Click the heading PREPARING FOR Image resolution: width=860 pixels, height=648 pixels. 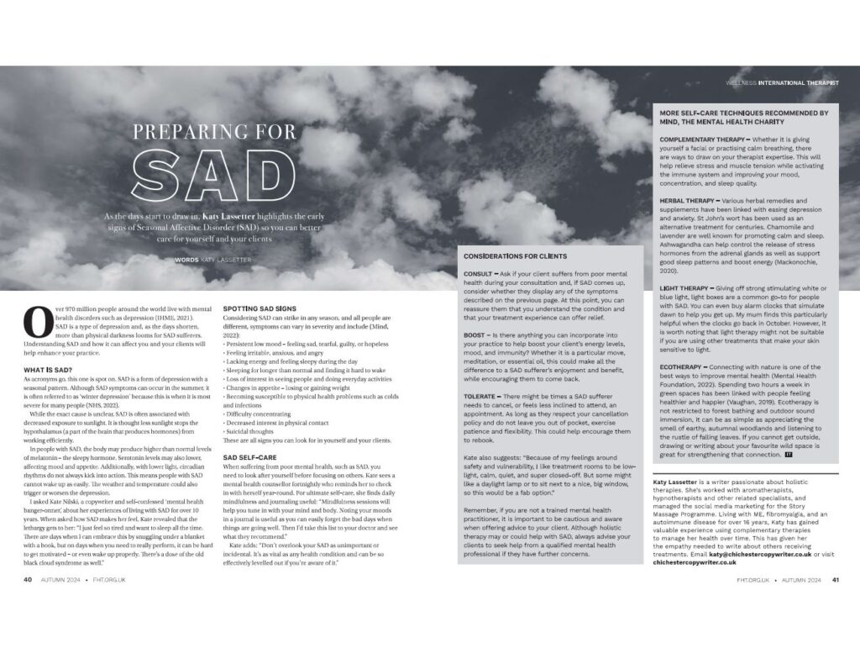(x=215, y=132)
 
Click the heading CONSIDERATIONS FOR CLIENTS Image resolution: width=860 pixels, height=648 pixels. (x=515, y=256)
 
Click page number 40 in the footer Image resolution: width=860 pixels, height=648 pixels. (x=28, y=556)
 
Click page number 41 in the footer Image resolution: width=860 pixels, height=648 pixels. (x=836, y=556)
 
